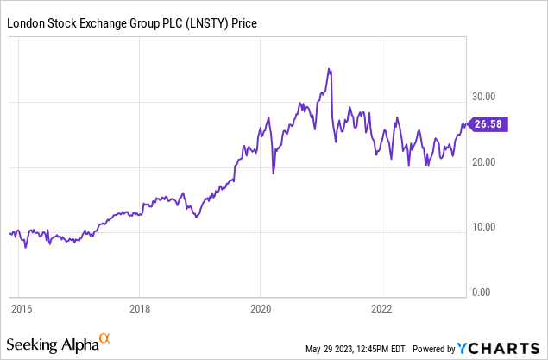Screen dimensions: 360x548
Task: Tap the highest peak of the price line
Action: tap(329, 69)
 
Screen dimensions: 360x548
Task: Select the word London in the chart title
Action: tap(26, 23)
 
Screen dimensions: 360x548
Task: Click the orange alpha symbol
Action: tap(104, 339)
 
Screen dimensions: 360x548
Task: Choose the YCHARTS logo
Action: tap(501, 348)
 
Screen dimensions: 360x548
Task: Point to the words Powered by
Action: tap(434, 349)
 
